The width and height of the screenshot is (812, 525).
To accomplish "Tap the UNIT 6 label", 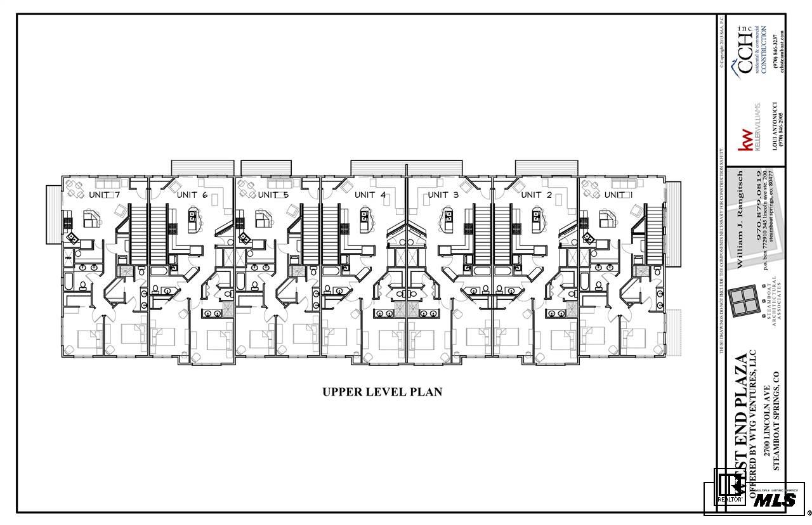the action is [192, 194].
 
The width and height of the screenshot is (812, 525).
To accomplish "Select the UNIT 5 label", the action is [273, 194].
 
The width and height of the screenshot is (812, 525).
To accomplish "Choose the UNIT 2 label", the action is [536, 195].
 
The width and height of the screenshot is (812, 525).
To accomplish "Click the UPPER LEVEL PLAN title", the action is [382, 392].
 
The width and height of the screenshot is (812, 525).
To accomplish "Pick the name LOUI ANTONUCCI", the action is [775, 126].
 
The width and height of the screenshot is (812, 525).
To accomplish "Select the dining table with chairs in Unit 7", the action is [75, 188].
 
